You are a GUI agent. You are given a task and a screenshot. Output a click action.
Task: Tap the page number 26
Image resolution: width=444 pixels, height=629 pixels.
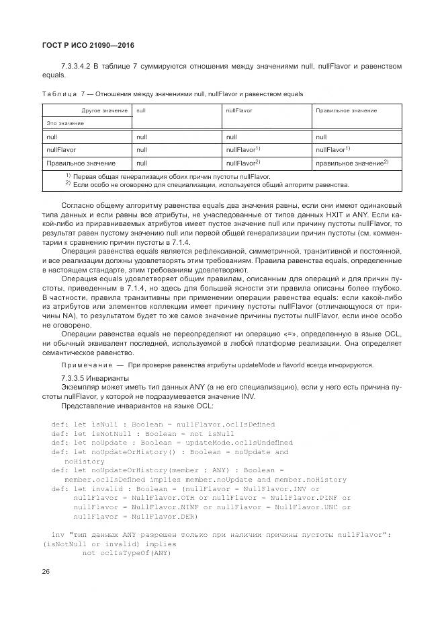click(x=46, y=571)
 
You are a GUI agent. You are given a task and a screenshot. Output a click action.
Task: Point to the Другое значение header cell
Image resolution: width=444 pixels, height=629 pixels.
click(x=105, y=110)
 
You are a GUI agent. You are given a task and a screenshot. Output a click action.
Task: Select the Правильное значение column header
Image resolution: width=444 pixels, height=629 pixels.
click(x=346, y=110)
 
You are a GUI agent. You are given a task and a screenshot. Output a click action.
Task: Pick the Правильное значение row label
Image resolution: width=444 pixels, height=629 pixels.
click(x=71, y=163)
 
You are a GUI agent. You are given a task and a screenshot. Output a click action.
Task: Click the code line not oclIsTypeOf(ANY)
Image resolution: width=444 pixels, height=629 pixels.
click(x=127, y=552)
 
